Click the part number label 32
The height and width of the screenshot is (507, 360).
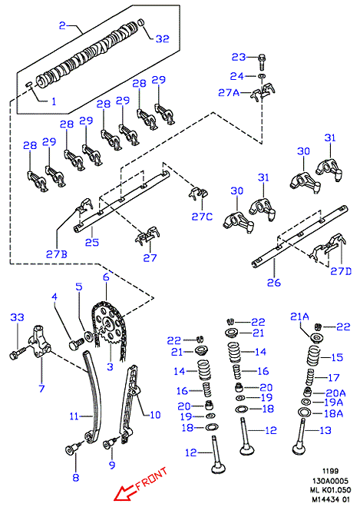pyautogui.click(x=162, y=39)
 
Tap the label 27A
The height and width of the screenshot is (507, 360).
pyautogui.click(x=229, y=93)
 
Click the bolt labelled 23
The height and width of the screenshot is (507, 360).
pyautogui.click(x=262, y=62)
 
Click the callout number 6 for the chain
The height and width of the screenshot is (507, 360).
pyautogui.click(x=106, y=277)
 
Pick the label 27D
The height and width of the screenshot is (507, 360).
pyautogui.click(x=341, y=271)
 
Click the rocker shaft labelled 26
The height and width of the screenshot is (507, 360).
pyautogui.click(x=300, y=235)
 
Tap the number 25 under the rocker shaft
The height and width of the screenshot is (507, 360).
pyautogui.click(x=92, y=243)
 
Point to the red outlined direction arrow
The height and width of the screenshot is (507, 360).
pyautogui.click(x=125, y=493)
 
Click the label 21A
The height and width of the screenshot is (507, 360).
pyautogui.click(x=299, y=316)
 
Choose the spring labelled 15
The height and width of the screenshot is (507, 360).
pyautogui.click(x=314, y=356)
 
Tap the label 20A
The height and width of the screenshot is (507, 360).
pyautogui.click(x=335, y=393)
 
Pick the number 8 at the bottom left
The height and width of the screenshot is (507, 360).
pyautogui.click(x=76, y=477)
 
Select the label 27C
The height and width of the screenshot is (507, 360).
pyautogui.click(x=203, y=217)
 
